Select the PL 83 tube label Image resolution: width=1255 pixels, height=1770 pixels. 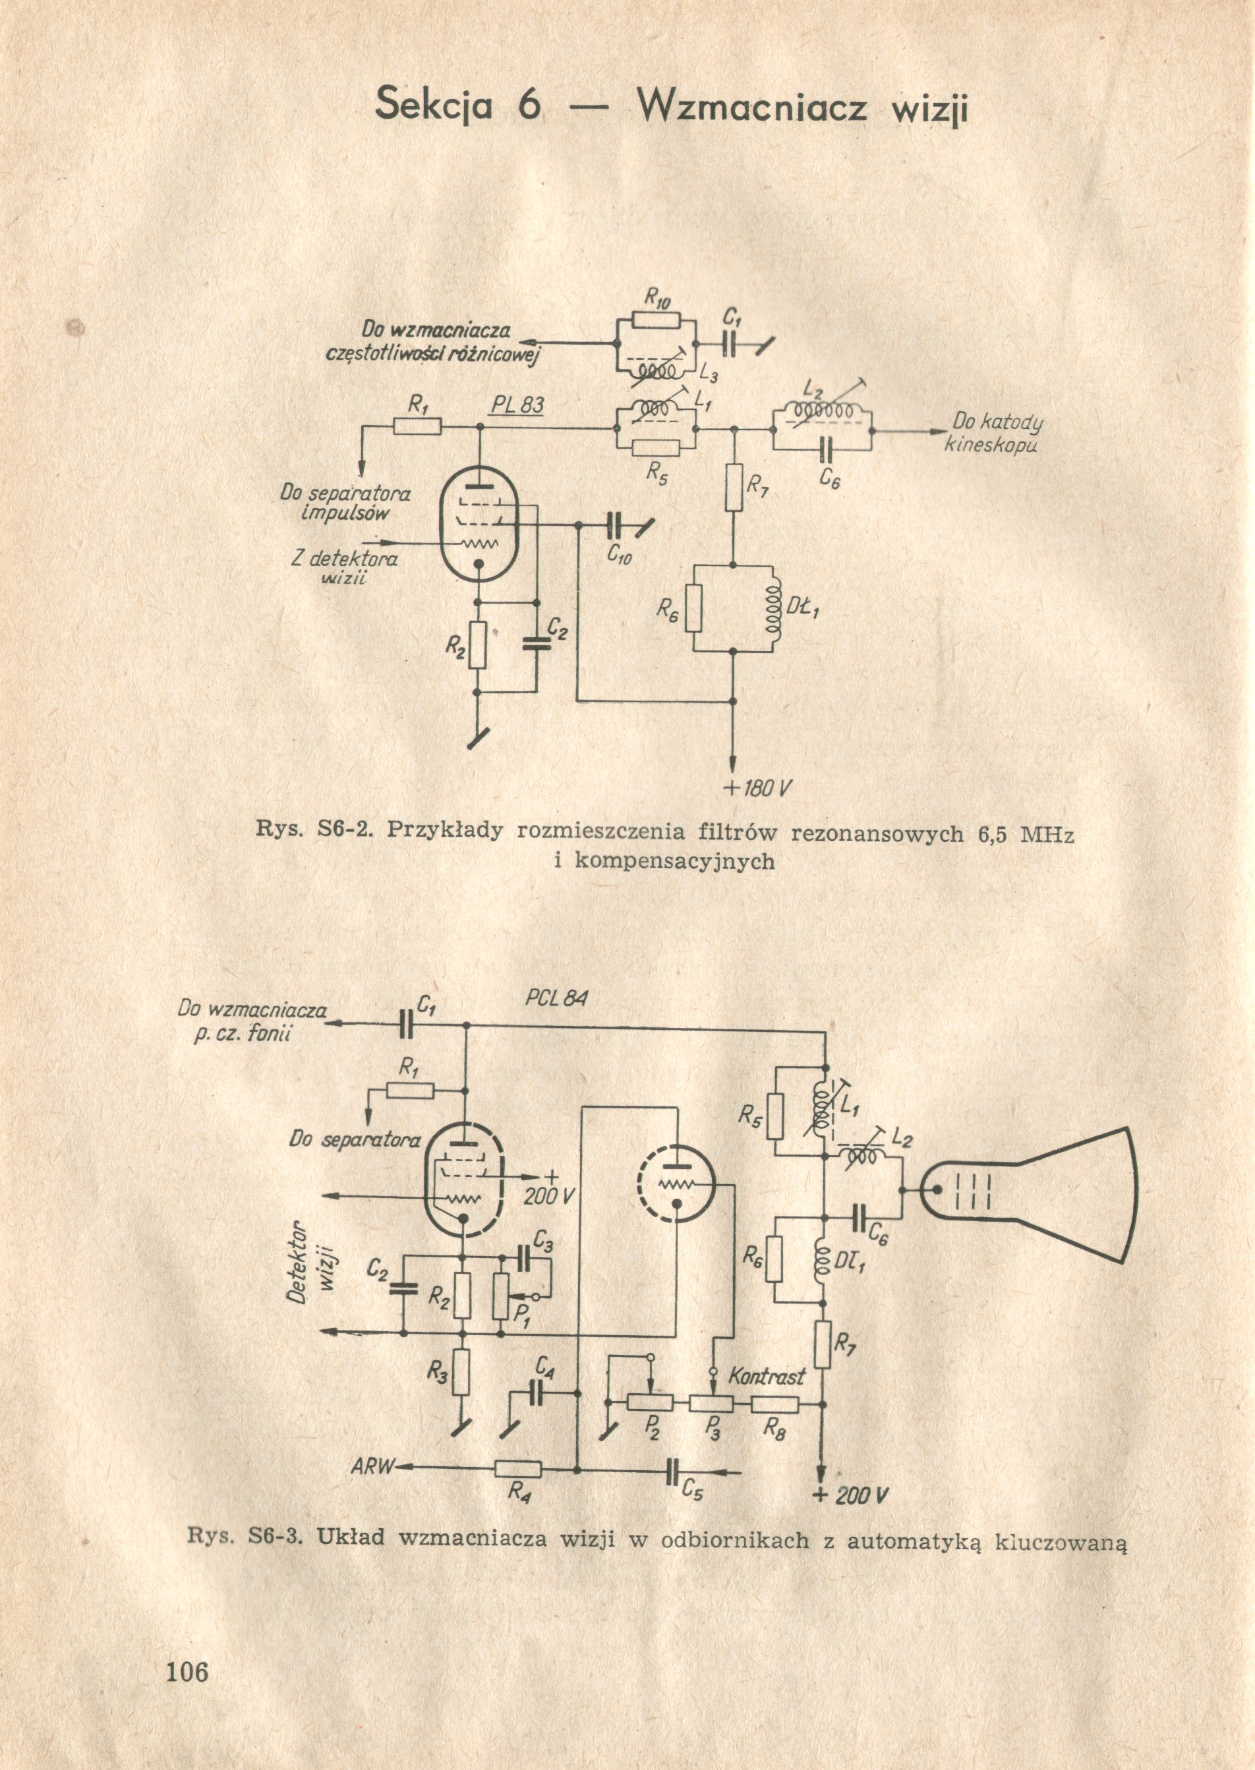coord(517,407)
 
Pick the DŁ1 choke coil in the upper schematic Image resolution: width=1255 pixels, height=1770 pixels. coord(771,608)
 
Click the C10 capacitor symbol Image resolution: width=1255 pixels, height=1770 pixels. coord(616,525)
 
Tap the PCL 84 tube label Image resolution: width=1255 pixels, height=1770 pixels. coord(556,998)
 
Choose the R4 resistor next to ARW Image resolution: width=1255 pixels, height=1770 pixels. coord(518,1469)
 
